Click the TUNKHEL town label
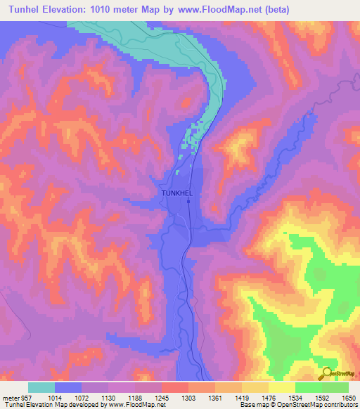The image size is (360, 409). point(176,192)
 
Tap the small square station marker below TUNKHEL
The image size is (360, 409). point(189,202)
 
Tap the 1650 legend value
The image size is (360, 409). point(349,396)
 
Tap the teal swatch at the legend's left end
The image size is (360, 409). point(41,387)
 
